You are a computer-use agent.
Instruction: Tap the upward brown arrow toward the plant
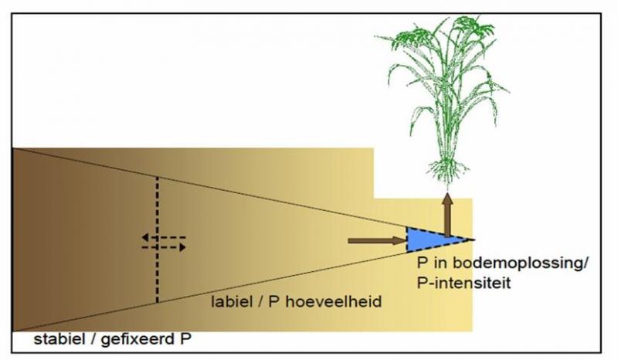(x=447, y=216)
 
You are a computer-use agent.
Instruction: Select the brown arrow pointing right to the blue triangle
(x=377, y=240)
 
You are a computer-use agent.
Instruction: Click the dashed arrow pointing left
(x=164, y=237)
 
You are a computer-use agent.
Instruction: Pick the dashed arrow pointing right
(x=164, y=247)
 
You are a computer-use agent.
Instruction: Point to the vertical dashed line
(x=158, y=239)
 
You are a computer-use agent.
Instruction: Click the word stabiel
(x=59, y=338)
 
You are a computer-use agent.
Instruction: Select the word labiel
(x=232, y=301)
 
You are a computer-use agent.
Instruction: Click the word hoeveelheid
(x=334, y=301)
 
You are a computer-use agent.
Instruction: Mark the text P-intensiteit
(x=464, y=283)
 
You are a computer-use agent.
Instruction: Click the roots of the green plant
(x=448, y=169)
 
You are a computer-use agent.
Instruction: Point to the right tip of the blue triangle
(x=474, y=239)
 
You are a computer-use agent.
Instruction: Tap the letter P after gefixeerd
(x=185, y=338)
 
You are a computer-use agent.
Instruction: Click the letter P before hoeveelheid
(x=274, y=301)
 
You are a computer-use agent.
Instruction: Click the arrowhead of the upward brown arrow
(x=447, y=199)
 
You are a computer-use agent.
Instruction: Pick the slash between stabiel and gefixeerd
(x=93, y=339)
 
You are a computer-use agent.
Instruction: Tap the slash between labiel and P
(x=260, y=301)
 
